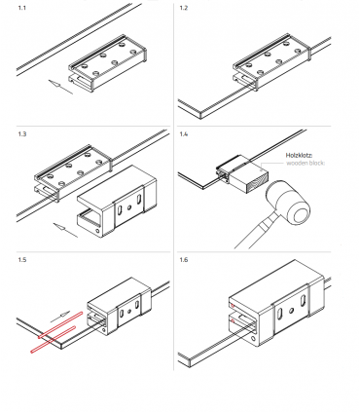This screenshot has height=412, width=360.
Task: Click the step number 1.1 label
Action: coord(21,8)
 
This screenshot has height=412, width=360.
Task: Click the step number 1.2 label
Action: coord(184,8)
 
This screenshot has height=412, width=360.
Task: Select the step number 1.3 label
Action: coord(22,133)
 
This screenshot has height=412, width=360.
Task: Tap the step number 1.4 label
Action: coord(184,133)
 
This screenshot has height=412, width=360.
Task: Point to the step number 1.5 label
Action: coord(22,260)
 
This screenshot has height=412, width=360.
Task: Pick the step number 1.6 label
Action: coord(184,260)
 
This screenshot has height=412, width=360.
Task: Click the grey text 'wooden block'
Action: coord(306,163)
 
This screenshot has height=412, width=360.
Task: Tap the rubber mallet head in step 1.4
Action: coord(289,205)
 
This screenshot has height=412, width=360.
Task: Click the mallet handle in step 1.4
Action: coord(256,231)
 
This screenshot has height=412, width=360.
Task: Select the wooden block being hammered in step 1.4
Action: coord(248,178)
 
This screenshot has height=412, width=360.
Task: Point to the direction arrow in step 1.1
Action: coord(60,87)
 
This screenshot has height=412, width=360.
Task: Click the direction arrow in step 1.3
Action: coord(65,230)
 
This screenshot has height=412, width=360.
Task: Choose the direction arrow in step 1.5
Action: coord(60,317)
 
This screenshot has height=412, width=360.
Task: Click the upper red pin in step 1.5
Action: coord(60,324)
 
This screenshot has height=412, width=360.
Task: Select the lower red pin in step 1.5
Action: coord(54,339)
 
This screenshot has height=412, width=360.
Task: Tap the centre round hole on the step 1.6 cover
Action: coord(292,311)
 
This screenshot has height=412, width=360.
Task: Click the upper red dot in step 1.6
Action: coord(233,306)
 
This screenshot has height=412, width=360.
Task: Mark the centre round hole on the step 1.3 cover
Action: coord(129,207)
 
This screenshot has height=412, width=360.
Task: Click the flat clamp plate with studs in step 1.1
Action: coord(107,63)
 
